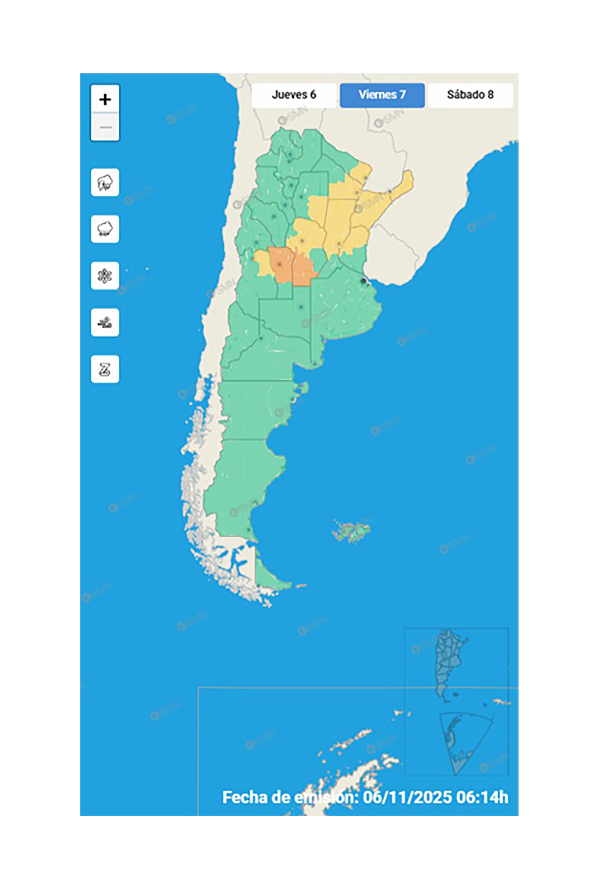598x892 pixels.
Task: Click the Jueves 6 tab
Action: tap(294, 95)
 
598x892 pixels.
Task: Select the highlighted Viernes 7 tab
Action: tap(382, 95)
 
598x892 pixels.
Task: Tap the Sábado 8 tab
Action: tap(470, 95)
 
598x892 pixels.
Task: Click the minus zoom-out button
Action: tap(105, 127)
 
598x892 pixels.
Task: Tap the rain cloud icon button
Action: tap(105, 229)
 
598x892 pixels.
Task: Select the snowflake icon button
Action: tap(105, 276)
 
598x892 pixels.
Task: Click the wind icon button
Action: tap(105, 323)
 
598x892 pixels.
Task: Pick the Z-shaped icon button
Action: tap(105, 369)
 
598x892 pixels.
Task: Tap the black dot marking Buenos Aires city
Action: tap(363, 281)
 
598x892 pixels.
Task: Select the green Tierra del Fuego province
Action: tap(269, 581)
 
